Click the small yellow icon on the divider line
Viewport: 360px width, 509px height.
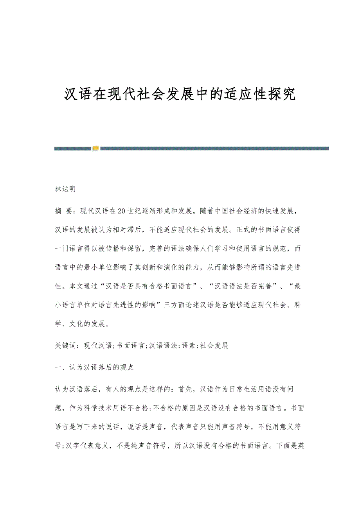(95, 148)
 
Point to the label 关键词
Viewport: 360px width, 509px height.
(65, 346)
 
